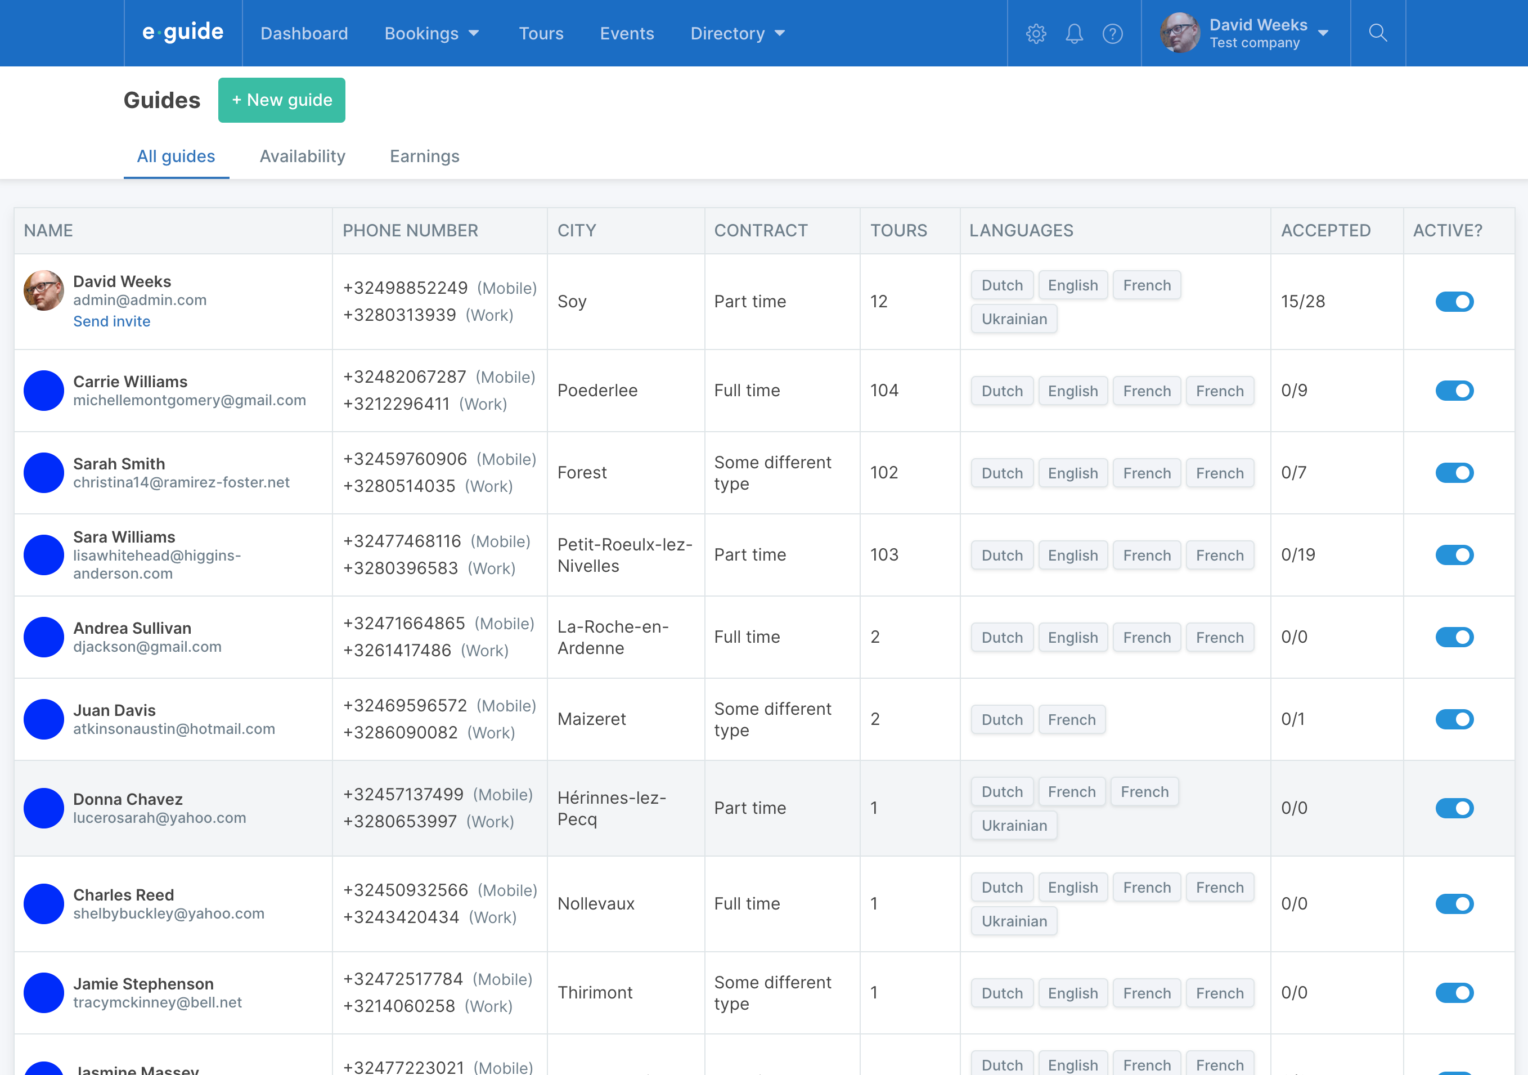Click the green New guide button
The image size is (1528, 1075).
click(281, 100)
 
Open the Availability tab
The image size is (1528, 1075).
click(302, 156)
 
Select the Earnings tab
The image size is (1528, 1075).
click(424, 156)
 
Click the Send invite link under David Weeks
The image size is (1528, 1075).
click(112, 321)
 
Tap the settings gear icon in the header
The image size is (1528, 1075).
click(1036, 33)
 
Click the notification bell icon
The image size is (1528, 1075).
click(1074, 33)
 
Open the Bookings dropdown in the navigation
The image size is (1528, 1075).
click(432, 33)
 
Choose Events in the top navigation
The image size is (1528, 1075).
click(626, 33)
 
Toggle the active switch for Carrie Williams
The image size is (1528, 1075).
click(1454, 391)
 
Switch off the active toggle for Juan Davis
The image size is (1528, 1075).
click(1454, 719)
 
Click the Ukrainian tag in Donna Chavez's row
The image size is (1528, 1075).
click(1014, 826)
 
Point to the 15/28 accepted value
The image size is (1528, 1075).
click(1302, 302)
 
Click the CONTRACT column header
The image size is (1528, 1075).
click(761, 230)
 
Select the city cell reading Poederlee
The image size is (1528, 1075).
click(597, 391)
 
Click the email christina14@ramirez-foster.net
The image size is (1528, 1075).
click(181, 482)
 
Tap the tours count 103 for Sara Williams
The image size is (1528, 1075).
click(884, 555)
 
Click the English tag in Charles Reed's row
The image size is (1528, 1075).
click(1072, 887)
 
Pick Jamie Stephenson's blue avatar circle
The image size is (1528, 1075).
click(44, 992)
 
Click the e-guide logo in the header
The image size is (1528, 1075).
click(183, 32)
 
